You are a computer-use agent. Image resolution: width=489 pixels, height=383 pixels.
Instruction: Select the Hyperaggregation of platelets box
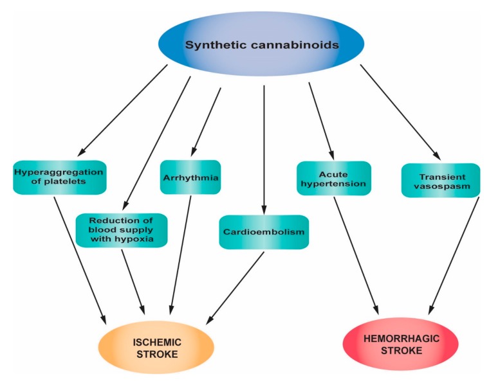[59, 178]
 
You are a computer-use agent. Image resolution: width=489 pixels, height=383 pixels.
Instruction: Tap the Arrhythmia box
[190, 177]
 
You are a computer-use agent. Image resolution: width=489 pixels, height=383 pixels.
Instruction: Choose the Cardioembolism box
[264, 231]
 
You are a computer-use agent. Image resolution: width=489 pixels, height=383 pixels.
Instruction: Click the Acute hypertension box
[333, 178]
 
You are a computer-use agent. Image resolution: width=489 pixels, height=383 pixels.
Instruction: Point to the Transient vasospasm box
[440, 180]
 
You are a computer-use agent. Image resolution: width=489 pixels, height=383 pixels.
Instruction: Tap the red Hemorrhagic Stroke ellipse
[401, 344]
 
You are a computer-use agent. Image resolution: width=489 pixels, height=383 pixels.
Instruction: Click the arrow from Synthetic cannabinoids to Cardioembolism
[264, 148]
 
